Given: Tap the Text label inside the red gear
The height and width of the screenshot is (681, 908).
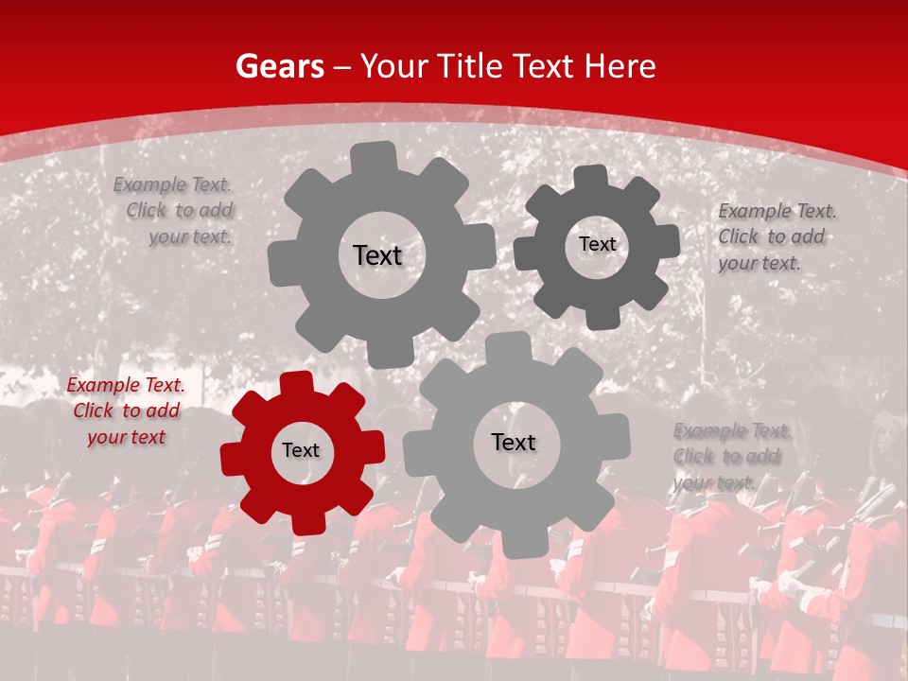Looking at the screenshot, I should pos(301,451).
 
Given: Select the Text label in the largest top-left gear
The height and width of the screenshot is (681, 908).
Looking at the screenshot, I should pos(377,255).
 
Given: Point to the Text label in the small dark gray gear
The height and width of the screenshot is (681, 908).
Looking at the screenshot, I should pos(597,244).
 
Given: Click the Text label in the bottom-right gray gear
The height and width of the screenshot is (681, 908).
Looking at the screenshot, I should pos(514,443).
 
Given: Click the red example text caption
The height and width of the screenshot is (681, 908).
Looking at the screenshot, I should pos(126,410).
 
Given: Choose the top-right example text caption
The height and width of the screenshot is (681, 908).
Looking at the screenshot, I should pos(776,236).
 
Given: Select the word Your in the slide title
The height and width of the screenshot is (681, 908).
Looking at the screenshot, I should pos(394,66).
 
